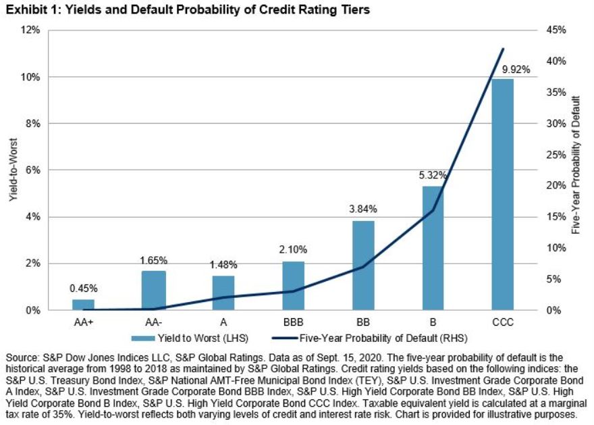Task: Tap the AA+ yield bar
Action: tap(83, 305)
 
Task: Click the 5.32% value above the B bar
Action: tap(433, 175)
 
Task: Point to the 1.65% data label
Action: tap(154, 259)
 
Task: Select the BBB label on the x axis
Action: tap(293, 322)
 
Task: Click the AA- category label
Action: tap(153, 322)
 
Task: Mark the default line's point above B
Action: tap(433, 210)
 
